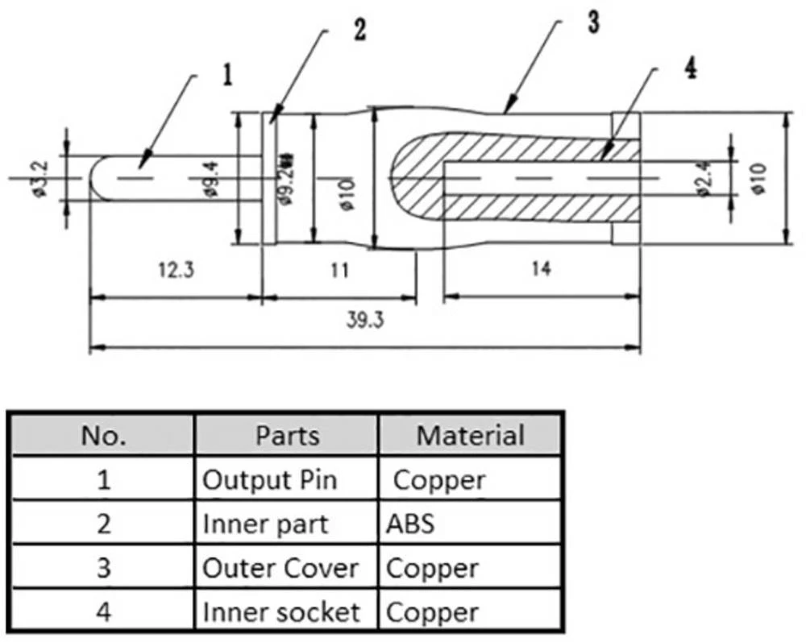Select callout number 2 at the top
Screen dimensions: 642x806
pos(359,30)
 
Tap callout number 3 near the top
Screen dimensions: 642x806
pos(593,22)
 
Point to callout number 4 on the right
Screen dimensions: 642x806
pos(691,68)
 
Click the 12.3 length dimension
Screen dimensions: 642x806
pos(177,270)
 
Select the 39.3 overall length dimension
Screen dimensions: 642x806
pos(364,321)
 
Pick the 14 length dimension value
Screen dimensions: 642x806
pos(542,270)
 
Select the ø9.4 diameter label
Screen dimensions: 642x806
pos(211,179)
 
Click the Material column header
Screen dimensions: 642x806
pos(470,436)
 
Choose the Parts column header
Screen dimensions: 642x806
pos(287,436)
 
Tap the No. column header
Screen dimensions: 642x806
pos(103,436)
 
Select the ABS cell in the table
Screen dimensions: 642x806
pos(410,524)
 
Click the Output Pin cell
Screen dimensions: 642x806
pos(269,480)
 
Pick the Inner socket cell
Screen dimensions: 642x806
pos(280,612)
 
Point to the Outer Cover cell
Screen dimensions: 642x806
pos(280,568)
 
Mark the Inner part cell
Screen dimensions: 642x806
pos(265,524)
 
